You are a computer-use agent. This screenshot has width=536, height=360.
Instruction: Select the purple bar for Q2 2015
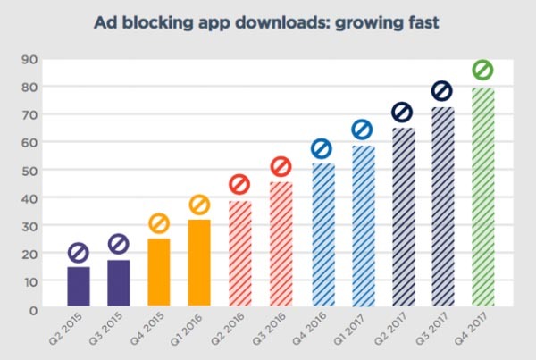point(78,287)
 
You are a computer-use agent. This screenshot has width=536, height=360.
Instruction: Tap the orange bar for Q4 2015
point(158,273)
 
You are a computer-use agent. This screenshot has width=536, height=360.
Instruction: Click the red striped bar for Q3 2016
point(281,246)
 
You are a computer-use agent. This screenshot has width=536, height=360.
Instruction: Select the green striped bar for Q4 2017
point(482,198)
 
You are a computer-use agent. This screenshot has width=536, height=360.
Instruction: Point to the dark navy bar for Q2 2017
point(402,219)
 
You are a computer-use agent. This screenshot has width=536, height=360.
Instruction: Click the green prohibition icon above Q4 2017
point(482,70)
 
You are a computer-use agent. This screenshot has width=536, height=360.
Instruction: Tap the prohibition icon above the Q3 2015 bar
point(119,243)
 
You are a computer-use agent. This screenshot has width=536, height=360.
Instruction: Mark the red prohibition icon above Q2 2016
point(239,185)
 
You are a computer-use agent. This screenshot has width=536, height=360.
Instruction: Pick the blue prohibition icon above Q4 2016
point(321,148)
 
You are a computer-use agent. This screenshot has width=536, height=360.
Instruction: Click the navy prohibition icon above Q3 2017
point(442,91)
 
